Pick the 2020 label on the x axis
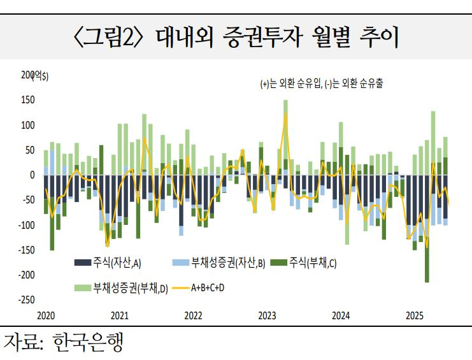[x=46, y=315]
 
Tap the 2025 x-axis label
[x=415, y=315]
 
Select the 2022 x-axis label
[x=193, y=315]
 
